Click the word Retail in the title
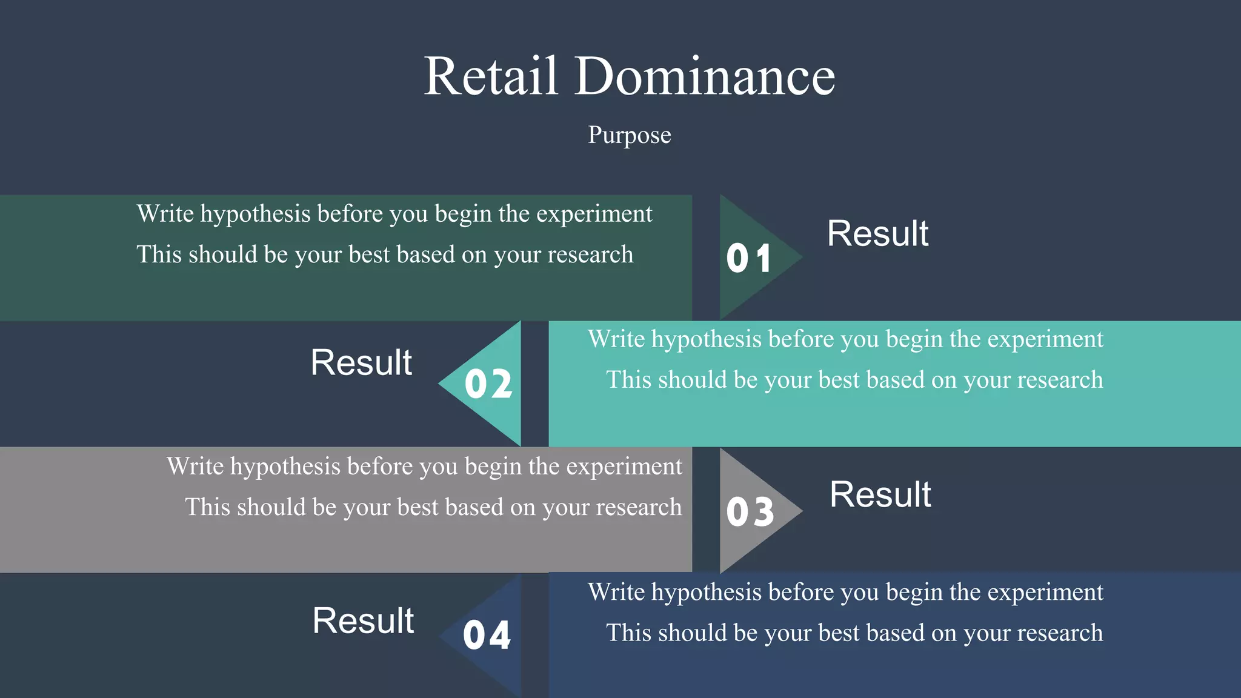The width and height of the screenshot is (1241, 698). coord(490,76)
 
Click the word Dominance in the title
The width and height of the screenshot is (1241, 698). coord(705,76)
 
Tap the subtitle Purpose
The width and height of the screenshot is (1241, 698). coord(630,135)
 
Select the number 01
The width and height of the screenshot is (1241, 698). coord(749,258)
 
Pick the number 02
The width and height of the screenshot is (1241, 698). coord(488,384)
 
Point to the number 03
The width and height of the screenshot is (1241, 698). coord(750,511)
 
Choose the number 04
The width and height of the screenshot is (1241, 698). coord(487,636)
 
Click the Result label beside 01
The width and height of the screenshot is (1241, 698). coord(877,234)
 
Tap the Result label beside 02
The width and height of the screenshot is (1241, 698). coord(361,363)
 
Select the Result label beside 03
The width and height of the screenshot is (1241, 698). coord(880,495)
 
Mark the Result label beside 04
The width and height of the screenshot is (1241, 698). coord(363,621)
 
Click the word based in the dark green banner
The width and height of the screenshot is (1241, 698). coord(425,255)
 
